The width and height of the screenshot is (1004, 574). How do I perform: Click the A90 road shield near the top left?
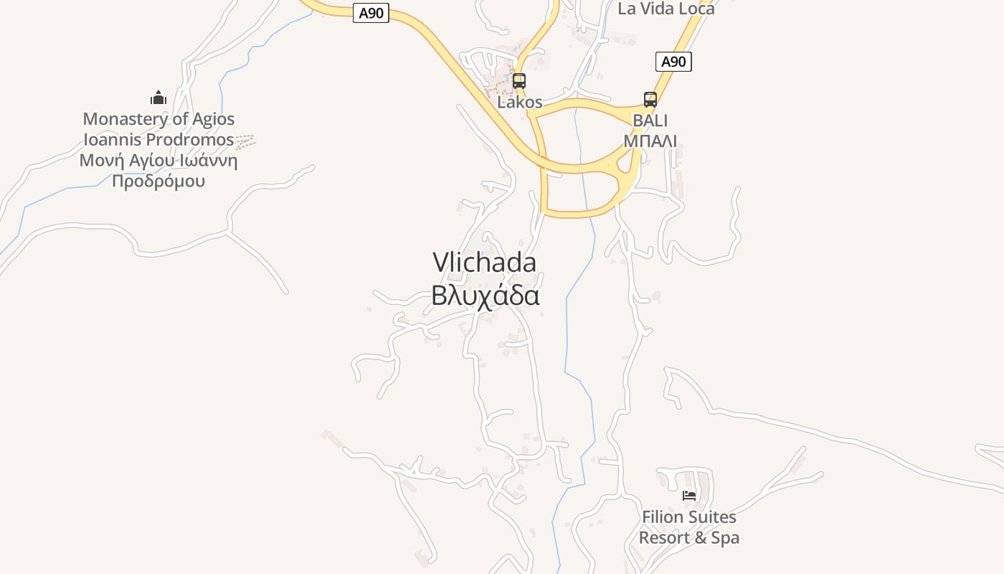(371, 13)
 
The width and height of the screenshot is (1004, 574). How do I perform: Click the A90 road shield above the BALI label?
(673, 62)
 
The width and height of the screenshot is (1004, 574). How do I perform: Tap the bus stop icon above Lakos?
(519, 80)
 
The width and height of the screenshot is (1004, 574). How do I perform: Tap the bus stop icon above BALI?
(650, 99)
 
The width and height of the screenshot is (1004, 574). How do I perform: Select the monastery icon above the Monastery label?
(158, 98)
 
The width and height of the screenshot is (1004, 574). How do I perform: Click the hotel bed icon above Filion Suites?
(689, 496)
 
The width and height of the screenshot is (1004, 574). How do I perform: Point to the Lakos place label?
(520, 103)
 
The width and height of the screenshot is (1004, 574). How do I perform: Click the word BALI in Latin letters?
(650, 120)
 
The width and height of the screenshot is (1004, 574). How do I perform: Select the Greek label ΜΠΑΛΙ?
(650, 141)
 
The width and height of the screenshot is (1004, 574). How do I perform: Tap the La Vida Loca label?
(666, 9)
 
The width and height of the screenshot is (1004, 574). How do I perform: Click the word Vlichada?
(484, 263)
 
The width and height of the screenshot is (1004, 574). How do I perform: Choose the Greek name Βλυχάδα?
(485, 295)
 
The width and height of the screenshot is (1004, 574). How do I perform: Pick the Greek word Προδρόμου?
(158, 181)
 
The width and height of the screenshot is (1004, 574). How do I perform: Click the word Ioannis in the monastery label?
(113, 139)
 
